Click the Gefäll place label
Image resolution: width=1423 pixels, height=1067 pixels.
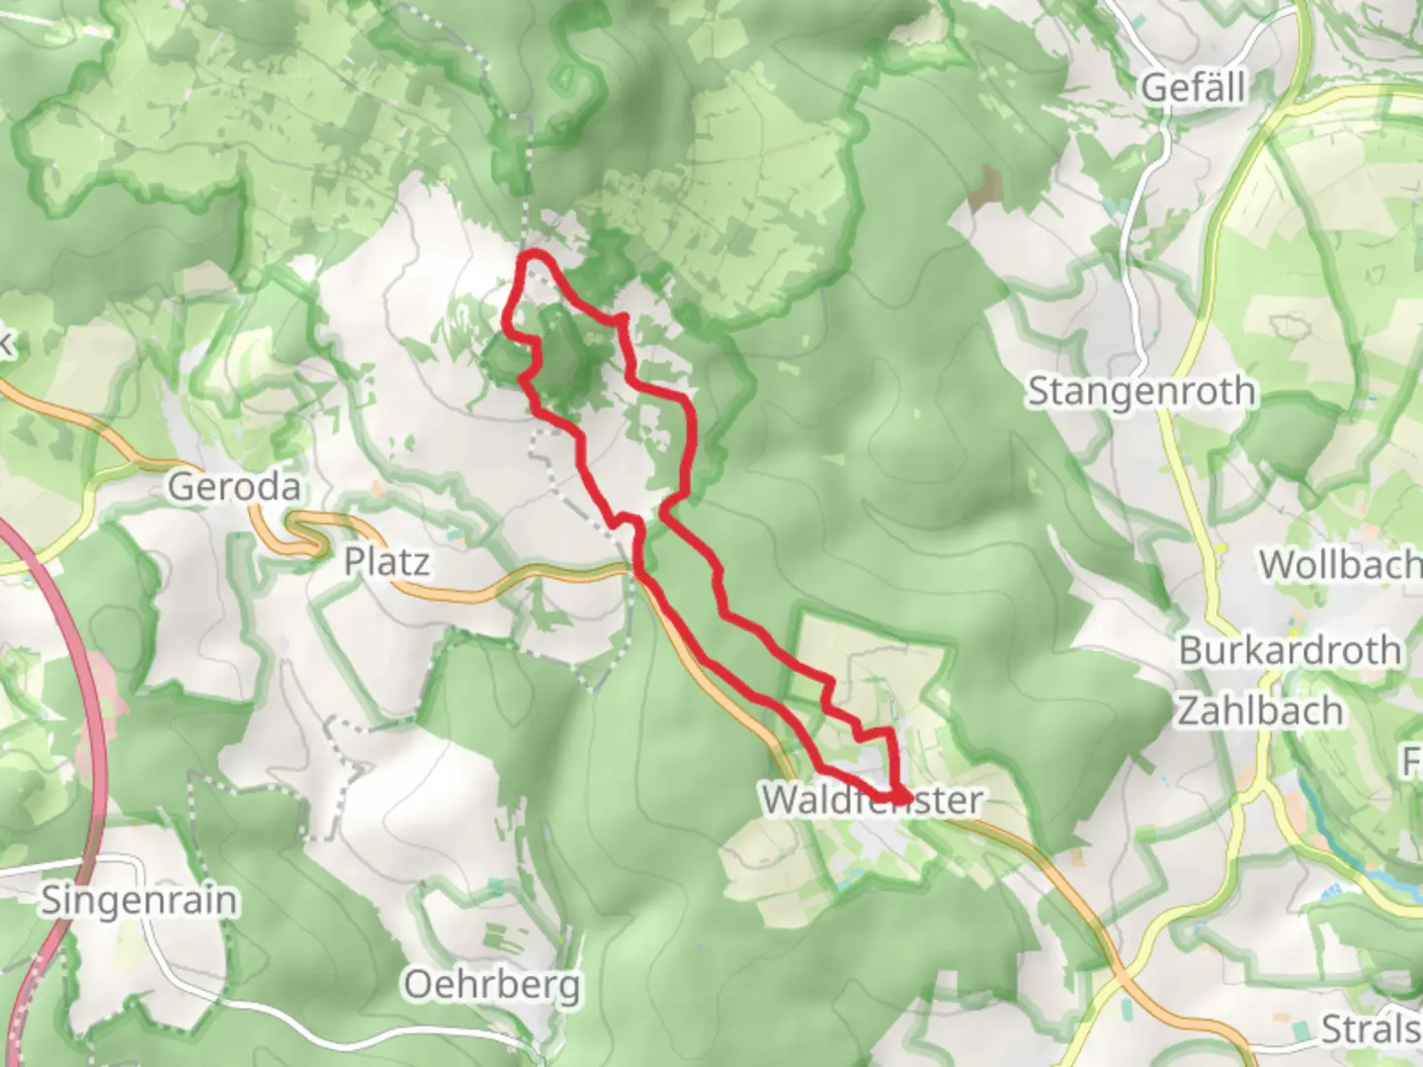1193,88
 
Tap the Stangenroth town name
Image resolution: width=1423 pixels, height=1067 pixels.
1141,391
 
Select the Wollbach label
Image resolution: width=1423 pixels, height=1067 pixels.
1339,565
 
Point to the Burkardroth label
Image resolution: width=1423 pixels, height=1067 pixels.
1290,651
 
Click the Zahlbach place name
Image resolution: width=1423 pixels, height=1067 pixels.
1260,710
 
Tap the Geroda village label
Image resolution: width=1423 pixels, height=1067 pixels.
233,486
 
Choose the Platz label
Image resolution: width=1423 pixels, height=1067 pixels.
386,562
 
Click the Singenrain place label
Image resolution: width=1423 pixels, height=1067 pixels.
139,901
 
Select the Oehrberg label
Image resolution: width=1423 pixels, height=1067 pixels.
491,985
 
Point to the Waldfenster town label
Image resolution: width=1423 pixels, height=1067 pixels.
872,799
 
